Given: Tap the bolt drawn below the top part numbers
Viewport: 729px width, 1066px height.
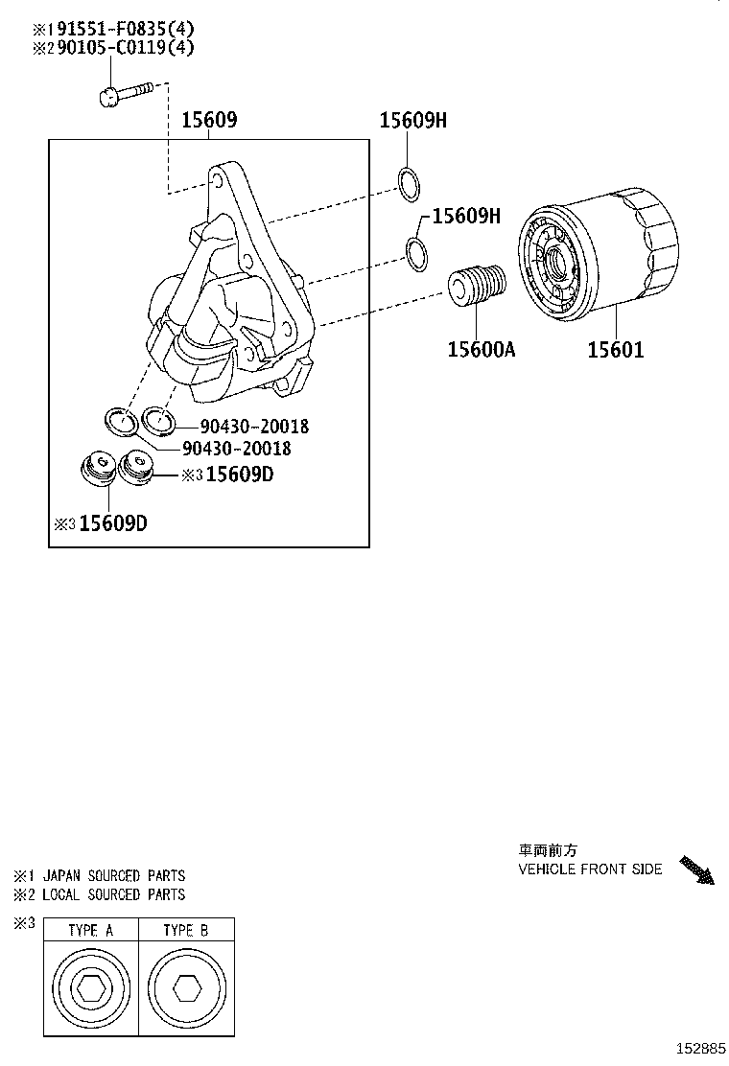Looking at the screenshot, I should tap(125, 93).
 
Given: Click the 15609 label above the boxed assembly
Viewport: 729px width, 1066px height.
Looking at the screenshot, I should tap(209, 120).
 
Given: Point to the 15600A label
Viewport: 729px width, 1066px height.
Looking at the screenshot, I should tap(481, 349).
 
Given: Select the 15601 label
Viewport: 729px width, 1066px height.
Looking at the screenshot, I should tap(615, 349).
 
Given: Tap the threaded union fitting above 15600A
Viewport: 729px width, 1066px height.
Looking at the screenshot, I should tap(477, 285).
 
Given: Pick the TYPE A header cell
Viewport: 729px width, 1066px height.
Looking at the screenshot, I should tap(91, 930).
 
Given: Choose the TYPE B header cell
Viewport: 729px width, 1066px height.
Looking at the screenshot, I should tap(186, 930).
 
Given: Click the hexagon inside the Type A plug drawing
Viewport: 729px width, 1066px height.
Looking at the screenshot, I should tap(90, 990).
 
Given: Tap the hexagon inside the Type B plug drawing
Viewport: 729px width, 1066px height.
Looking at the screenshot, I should tap(185, 990).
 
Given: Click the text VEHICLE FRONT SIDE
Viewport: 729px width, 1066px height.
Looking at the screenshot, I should tap(590, 869).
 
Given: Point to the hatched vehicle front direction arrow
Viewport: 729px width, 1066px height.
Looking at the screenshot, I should tap(696, 869).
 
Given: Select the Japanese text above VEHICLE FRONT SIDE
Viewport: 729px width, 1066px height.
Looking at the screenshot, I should tap(548, 850).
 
